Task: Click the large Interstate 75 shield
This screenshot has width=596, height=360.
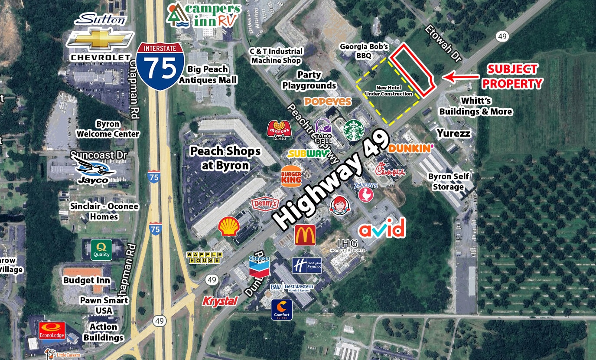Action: click(x=160, y=66)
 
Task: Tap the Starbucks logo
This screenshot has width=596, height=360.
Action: click(x=354, y=131)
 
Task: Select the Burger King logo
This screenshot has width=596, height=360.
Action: click(x=291, y=176)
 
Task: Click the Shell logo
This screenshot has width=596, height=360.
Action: click(x=228, y=226)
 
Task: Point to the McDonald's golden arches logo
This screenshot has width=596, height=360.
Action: click(x=305, y=235)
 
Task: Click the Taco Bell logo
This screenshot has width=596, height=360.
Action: click(x=323, y=131)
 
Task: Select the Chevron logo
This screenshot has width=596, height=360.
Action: click(x=259, y=266)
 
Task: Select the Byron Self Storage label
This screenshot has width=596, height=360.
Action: click(x=449, y=182)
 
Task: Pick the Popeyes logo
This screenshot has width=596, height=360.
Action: click(x=328, y=101)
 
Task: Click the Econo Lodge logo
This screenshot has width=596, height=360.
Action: click(x=52, y=331)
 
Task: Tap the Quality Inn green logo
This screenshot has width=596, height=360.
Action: click(x=101, y=250)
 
